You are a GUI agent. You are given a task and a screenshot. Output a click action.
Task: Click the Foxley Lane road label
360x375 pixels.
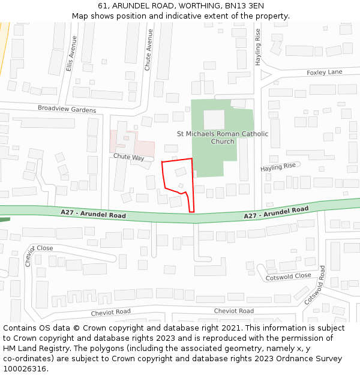pyautogui.click(x=324, y=73)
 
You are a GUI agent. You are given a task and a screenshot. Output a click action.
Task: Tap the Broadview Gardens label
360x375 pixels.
pyautogui.click(x=67, y=110)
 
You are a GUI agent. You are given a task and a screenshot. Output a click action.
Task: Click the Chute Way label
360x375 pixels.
pyautogui.click(x=129, y=157)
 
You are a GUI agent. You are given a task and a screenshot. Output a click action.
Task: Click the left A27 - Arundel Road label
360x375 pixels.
pyautogui.click(x=93, y=214)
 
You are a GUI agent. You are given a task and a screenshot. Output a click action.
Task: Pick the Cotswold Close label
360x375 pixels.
pyautogui.click(x=288, y=276)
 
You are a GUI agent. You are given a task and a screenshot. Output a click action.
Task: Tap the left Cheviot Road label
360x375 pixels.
pyautogui.click(x=110, y=312)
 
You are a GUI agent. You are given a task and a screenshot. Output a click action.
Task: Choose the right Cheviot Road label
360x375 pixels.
pyautogui.click(x=234, y=311)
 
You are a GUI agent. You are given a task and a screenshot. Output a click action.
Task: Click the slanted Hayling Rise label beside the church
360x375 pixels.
pyautogui.click(x=278, y=167)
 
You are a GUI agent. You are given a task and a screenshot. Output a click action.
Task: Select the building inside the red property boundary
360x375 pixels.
pyautogui.click(x=181, y=172)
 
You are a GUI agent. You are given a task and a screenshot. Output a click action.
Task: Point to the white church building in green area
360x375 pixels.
pyautogui.click(x=214, y=119)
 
